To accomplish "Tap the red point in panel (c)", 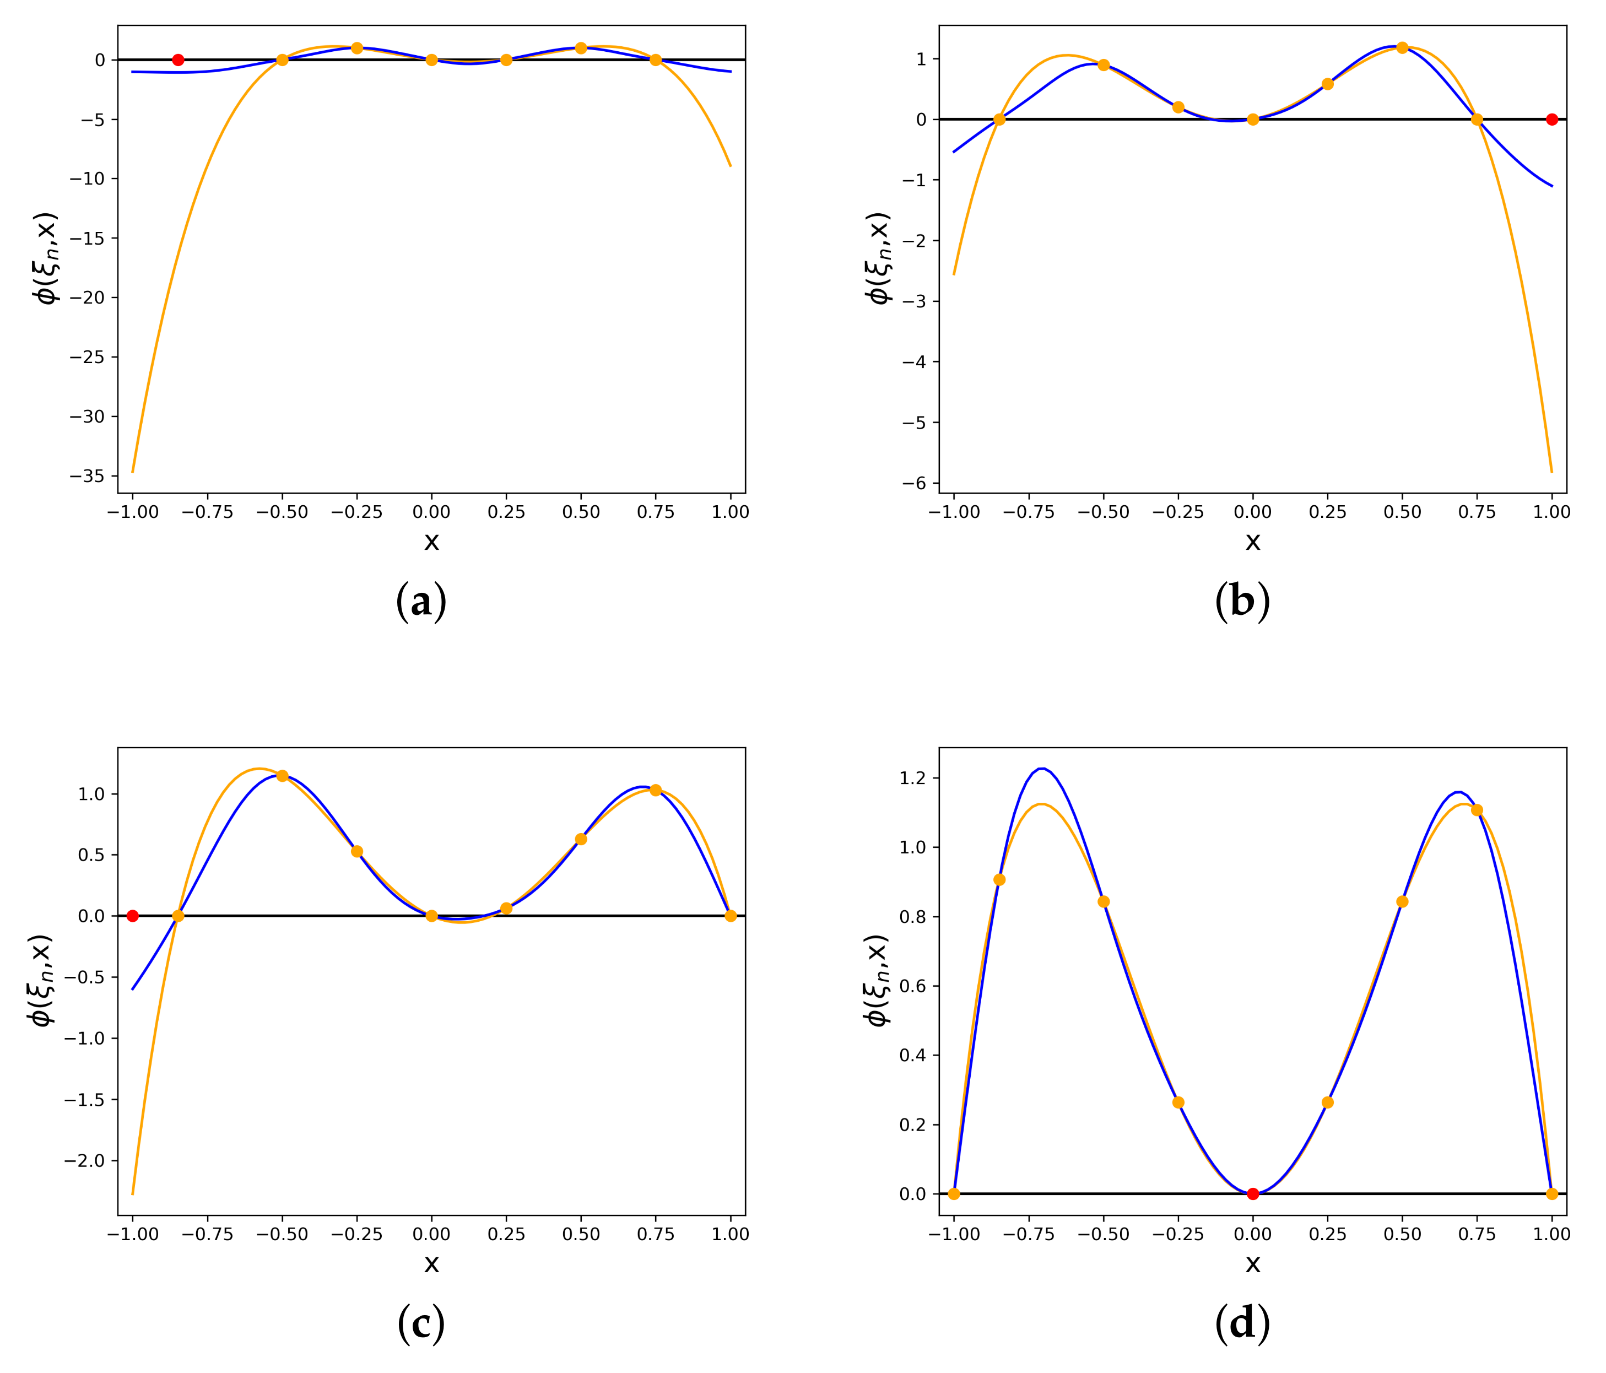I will click(133, 916).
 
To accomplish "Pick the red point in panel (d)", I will click(1252, 1193).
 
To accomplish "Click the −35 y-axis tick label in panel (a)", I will click(88, 476).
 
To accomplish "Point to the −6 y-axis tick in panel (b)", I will click(915, 483).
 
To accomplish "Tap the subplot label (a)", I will click(421, 602).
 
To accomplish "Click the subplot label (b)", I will click(1242, 602).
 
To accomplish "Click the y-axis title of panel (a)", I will click(46, 258).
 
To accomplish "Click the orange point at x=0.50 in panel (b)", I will click(1402, 47).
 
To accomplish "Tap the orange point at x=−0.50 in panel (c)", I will click(282, 775).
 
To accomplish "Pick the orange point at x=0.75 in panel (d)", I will click(1477, 810).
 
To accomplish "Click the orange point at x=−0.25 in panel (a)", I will click(356, 48).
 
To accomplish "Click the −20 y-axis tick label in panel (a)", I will click(88, 298).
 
